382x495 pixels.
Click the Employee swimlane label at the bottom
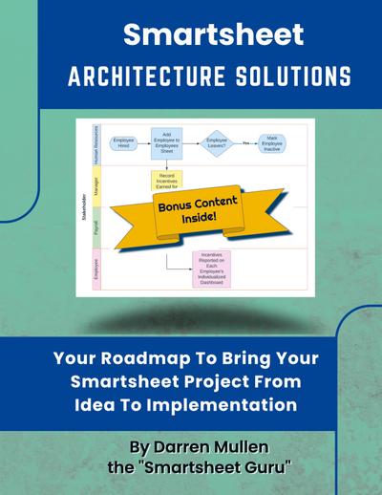coord(96,266)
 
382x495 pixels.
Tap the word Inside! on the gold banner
coord(201,220)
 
